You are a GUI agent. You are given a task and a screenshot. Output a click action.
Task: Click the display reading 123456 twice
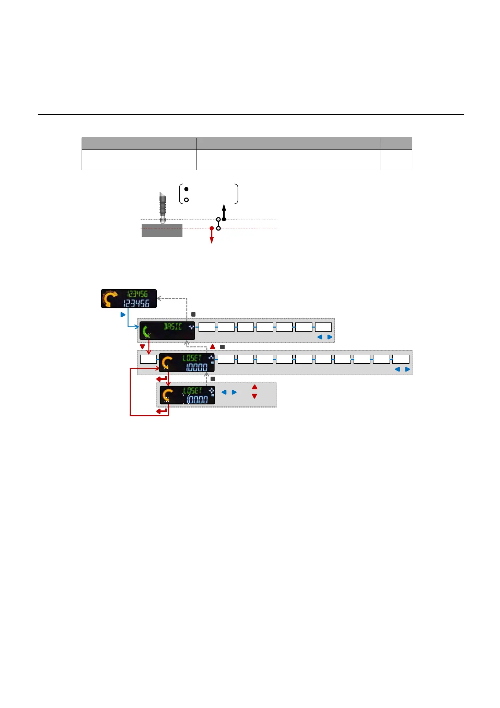129,299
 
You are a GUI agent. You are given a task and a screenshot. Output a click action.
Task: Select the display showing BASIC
167,331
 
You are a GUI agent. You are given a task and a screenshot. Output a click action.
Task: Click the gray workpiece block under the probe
162,231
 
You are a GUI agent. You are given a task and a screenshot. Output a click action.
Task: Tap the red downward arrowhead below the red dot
212,240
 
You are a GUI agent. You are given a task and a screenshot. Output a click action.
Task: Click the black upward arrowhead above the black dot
224,207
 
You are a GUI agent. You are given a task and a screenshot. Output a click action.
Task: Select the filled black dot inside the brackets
186,189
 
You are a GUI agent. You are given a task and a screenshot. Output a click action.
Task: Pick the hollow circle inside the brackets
186,200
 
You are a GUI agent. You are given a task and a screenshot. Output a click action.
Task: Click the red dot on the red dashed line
212,228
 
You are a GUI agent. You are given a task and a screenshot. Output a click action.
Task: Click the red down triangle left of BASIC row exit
142,347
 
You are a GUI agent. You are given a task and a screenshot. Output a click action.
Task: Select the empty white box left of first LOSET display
148,359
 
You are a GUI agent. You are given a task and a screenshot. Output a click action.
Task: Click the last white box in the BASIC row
323,327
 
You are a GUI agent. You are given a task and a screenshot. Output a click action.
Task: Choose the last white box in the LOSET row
401,359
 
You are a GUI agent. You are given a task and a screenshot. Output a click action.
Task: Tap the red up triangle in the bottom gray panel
254,387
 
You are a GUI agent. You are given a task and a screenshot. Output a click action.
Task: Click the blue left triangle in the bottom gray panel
224,392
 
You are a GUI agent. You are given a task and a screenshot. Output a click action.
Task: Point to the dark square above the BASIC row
193,314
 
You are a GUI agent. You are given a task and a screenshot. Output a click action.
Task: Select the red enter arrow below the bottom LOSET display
162,411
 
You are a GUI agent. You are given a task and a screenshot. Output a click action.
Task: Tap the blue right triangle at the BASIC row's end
330,337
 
